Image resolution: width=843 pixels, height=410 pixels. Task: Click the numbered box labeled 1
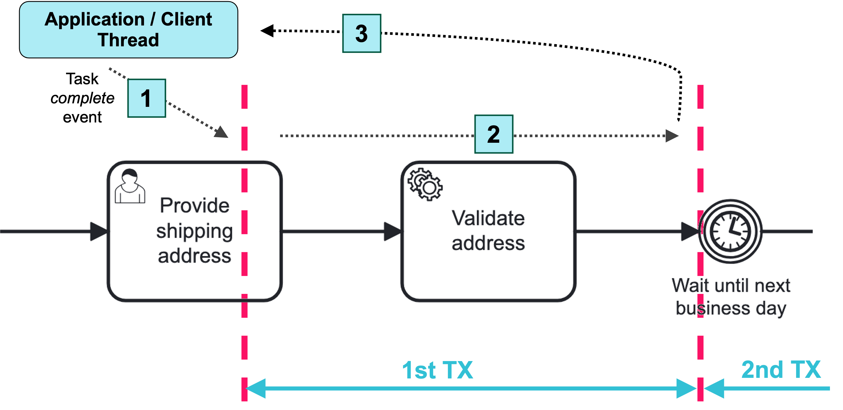coord(147,98)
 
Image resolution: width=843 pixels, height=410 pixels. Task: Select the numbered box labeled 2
coord(494,134)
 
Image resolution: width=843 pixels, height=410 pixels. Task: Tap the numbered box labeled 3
coord(362,33)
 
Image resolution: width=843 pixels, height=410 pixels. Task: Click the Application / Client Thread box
coord(128,30)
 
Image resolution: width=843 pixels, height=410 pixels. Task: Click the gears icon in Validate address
coord(425,184)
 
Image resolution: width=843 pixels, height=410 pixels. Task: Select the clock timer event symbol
coord(730,231)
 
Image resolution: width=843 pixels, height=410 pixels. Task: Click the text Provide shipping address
coord(194,230)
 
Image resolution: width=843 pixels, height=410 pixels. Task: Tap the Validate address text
coord(488,230)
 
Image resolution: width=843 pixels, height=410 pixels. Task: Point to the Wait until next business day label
coord(731,296)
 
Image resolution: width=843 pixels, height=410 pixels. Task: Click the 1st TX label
coord(437,370)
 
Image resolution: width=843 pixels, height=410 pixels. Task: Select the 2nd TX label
coord(781,369)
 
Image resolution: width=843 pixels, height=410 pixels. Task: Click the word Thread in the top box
coord(128,40)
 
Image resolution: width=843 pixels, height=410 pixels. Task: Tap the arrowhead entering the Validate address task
coord(392,231)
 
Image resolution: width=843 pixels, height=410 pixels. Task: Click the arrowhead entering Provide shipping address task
coord(98,231)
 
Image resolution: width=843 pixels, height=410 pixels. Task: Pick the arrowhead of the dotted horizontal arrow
coord(672,136)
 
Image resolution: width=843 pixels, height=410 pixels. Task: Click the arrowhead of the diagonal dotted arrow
coord(222,132)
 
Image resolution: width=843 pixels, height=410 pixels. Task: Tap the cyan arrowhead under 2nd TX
coord(714,388)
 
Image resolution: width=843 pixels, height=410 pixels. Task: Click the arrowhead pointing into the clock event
coord(689,231)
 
